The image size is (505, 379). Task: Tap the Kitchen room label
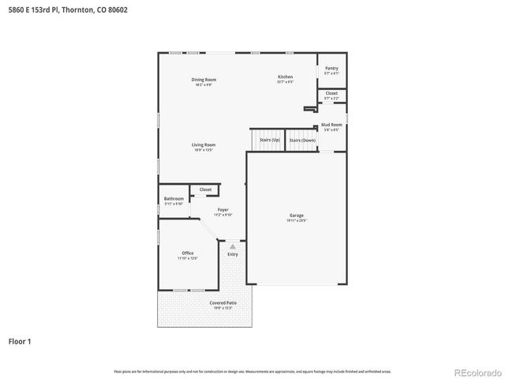pos(285,77)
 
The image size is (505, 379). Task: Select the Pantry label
pos(331,69)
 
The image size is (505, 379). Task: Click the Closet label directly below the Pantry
pos(331,93)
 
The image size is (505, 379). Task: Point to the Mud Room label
pos(331,125)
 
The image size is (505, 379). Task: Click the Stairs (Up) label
pos(270,140)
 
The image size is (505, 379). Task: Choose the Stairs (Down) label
pos(302,140)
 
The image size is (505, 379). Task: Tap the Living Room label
pos(204,145)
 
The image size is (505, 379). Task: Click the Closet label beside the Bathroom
pos(205,189)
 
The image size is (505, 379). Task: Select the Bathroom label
pos(174,198)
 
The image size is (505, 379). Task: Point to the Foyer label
pos(223,210)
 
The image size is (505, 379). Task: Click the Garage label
pos(296,216)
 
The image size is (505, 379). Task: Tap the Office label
pos(187,253)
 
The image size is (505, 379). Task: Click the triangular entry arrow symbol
pos(233,246)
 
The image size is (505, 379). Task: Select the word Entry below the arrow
pos(233,254)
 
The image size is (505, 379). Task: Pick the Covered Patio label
pos(223,303)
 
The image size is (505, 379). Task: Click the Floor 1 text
pos(21,341)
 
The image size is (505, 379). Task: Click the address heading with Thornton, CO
pos(66,10)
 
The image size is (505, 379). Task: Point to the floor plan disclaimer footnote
pos(252,371)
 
